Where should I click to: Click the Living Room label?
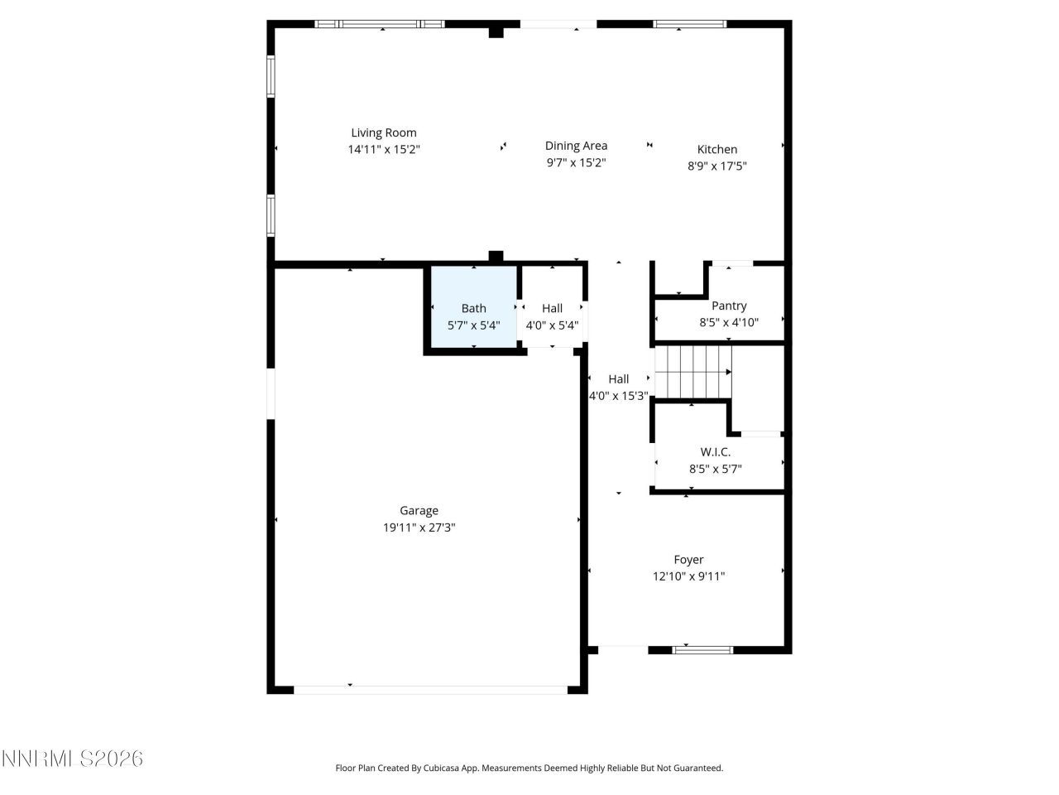pos(384,132)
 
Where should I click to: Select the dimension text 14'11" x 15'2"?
pos(384,150)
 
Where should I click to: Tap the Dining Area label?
pos(576,146)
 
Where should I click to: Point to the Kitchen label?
pos(717,149)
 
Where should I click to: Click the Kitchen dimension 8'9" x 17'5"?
pos(717,166)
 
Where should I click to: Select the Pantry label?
pos(729,306)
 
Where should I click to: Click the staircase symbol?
pos(693,372)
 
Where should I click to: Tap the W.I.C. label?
pos(716,452)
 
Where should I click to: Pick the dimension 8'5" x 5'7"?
pos(716,469)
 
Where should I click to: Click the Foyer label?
pos(688,560)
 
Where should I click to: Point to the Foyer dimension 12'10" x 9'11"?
pos(688,576)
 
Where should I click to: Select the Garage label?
pos(419,511)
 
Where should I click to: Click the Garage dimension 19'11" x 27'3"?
pos(419,528)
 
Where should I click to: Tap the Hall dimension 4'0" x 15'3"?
pos(618,396)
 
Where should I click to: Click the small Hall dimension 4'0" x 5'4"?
pos(552,325)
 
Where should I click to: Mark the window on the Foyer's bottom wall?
pos(702,650)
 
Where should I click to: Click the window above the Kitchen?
pos(690,24)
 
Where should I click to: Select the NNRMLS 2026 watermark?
pos(72,759)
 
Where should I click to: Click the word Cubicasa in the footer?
pos(443,768)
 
